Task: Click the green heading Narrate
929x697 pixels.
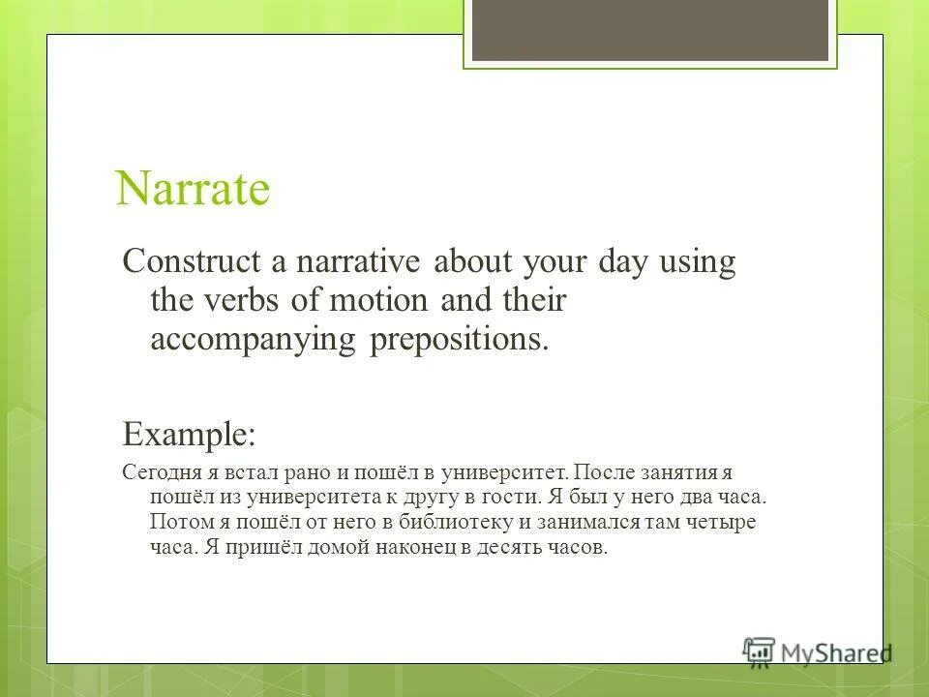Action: coord(192,188)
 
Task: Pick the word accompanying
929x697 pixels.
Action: coord(254,340)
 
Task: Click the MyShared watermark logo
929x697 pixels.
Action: coord(817,651)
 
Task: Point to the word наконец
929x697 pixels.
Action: coord(387,548)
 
